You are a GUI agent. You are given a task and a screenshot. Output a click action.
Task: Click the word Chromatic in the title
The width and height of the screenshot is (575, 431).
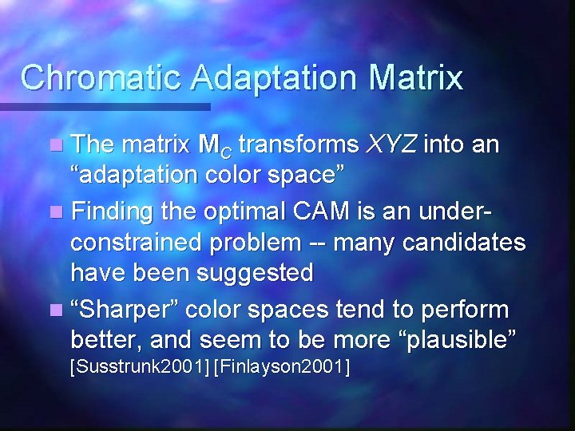tap(87, 78)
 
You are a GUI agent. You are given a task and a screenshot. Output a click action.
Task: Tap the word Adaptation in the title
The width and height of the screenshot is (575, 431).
tap(260, 78)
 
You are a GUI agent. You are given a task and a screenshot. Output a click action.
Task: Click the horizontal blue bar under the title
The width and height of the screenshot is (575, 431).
tap(104, 105)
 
